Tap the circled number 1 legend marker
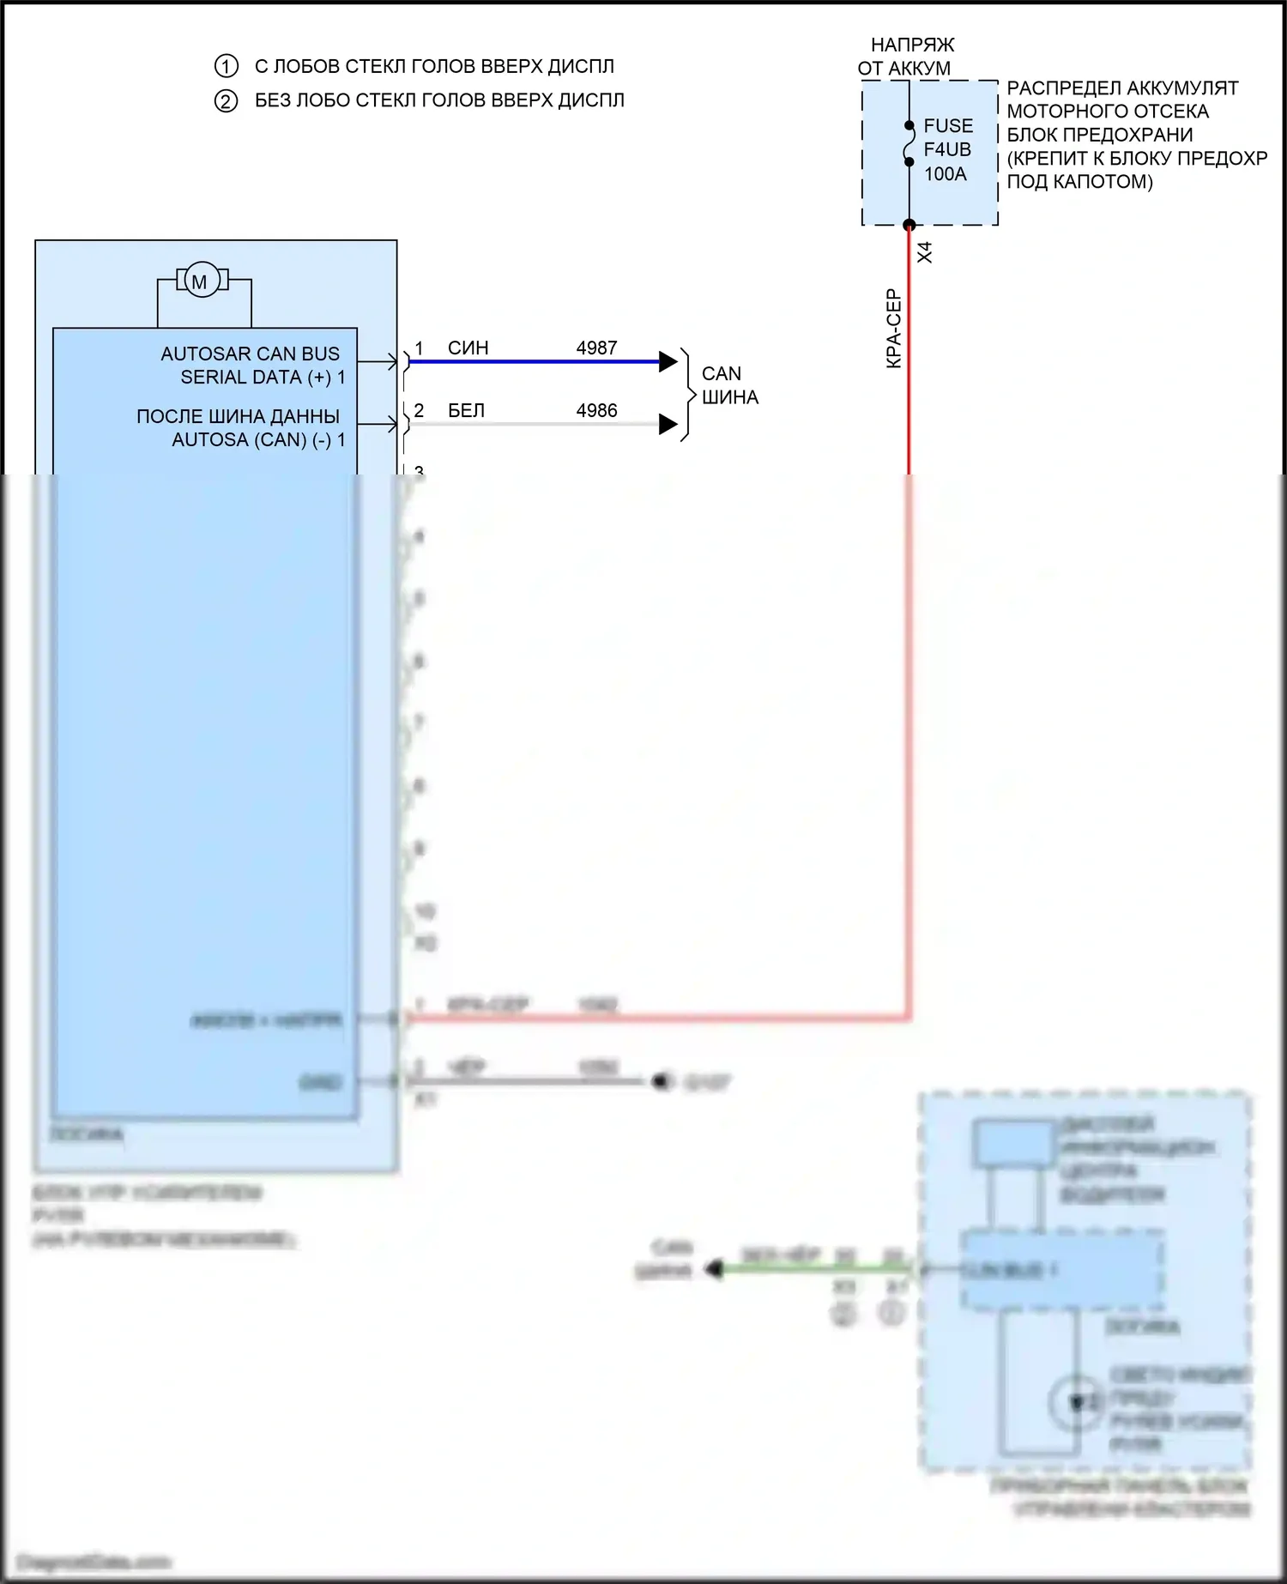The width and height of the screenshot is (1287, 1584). coord(226,67)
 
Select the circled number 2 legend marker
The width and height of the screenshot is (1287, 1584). coord(226,101)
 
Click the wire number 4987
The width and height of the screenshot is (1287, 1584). coord(596,348)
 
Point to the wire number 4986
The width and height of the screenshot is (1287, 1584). coord(596,410)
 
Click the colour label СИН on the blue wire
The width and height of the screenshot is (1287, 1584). coord(468,348)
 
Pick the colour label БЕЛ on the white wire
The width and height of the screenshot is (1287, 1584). coord(466,410)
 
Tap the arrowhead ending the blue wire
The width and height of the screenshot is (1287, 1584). coord(668,361)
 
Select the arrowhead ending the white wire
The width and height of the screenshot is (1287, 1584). coord(668,424)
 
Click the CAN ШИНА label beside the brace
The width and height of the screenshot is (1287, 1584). coord(729,385)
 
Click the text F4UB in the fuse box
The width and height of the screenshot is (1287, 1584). coord(946,149)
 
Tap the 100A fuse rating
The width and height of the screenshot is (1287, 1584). coord(945,173)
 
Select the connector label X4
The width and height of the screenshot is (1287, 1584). coord(925,252)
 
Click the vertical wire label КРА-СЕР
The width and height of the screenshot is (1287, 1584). coord(893,329)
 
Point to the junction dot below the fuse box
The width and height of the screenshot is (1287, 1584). coord(909,225)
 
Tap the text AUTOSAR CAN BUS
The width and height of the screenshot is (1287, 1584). coord(250,354)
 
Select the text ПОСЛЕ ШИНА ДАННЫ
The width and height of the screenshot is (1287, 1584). coord(238,416)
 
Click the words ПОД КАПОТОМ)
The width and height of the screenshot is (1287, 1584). coord(1079,181)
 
